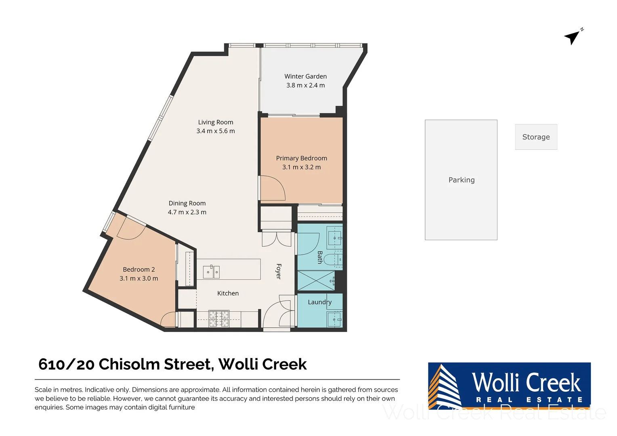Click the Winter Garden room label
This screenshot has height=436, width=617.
pos(305,76)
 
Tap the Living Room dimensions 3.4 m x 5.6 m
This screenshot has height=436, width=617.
pos(215,131)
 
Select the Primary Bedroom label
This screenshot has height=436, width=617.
pos(301,158)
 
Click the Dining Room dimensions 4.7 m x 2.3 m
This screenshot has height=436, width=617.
pos(187,212)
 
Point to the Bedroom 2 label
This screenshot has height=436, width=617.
pos(139,269)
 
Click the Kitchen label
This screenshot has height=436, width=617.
pos(228,293)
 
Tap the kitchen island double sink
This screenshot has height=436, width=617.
pos(211,272)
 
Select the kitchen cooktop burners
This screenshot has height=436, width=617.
pos(218,319)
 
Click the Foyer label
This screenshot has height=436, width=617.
pos(278,271)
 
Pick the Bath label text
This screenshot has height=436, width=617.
pos(320,257)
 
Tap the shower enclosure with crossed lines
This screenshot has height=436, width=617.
pos(316,281)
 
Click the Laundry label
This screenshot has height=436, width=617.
pos(319,302)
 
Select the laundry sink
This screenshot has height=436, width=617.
pos(335,319)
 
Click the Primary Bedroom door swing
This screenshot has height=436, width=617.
pos(273,189)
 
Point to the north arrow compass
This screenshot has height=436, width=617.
pos(573,37)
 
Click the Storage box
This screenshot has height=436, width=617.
pos(536,137)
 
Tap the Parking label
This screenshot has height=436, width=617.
pos(461,180)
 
